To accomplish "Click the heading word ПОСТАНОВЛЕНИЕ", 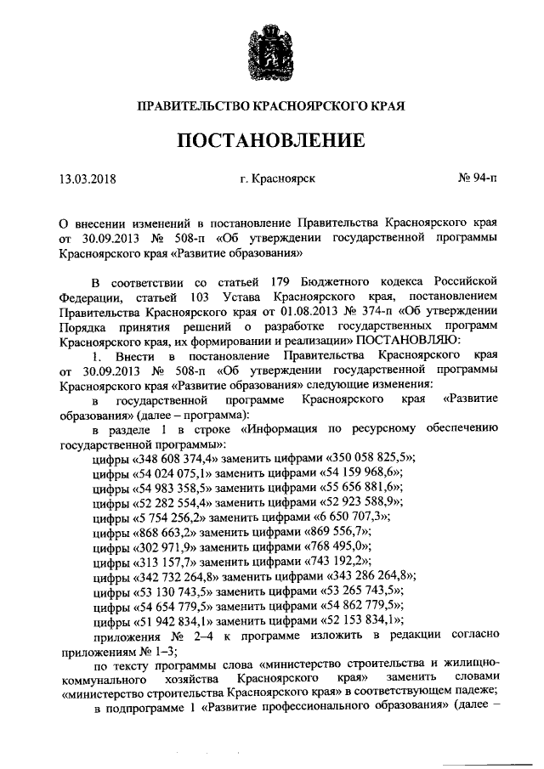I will click(271, 139).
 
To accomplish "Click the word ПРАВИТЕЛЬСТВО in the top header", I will click(192, 107).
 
